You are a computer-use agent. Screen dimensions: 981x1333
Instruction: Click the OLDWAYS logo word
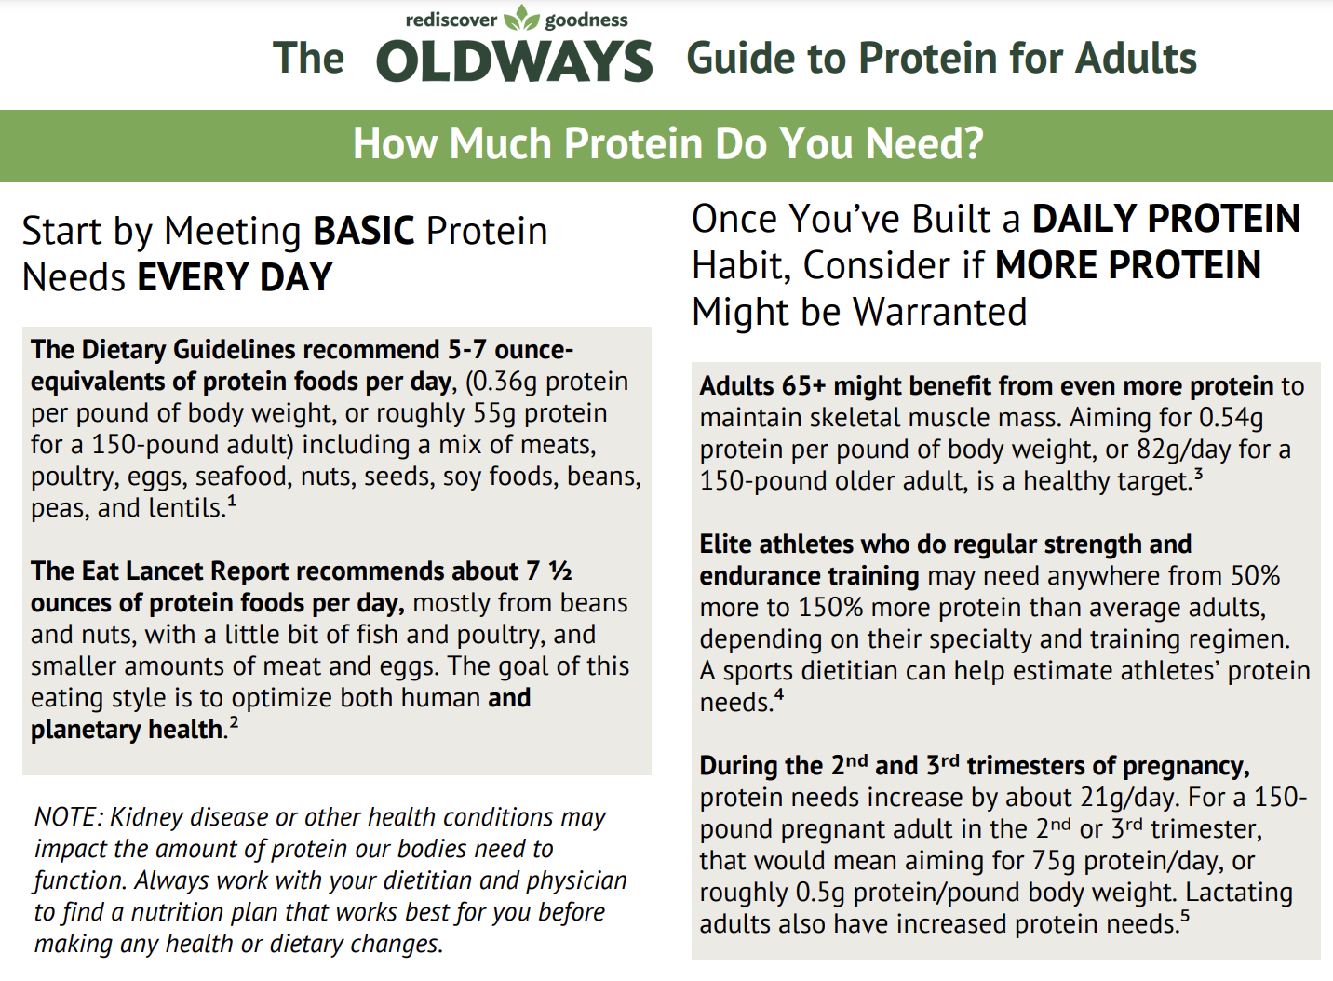(x=514, y=61)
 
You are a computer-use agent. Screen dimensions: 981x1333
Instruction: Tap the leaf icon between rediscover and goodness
(x=521, y=19)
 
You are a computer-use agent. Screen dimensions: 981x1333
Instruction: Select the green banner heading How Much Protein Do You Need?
(x=667, y=144)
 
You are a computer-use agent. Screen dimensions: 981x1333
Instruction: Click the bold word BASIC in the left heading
(x=363, y=231)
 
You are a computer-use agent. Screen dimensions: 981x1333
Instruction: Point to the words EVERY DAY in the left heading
(x=235, y=277)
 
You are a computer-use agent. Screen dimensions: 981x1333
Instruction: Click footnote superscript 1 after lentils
(x=232, y=503)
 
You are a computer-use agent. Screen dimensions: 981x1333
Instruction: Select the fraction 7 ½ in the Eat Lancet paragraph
(x=549, y=571)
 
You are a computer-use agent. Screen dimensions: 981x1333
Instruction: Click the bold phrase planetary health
(x=128, y=730)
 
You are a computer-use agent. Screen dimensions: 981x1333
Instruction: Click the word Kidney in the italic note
(x=142, y=817)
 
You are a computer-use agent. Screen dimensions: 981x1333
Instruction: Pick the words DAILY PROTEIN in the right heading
(x=1165, y=220)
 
